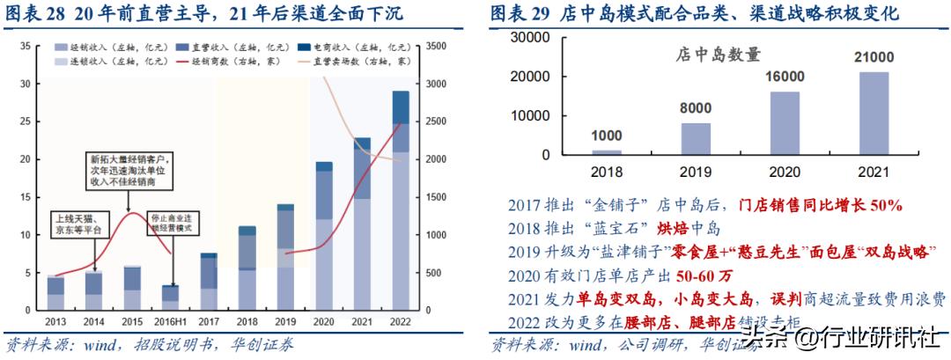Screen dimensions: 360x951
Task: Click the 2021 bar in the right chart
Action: click(874, 113)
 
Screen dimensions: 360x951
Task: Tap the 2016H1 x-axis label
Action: click(171, 321)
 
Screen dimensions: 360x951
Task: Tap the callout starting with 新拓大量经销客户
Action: click(129, 167)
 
